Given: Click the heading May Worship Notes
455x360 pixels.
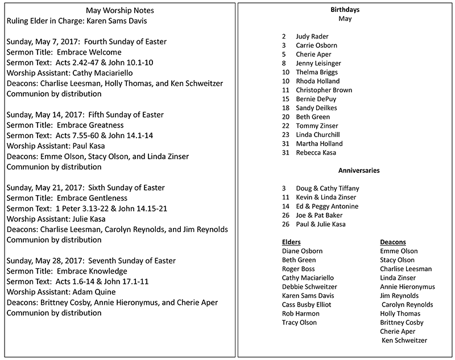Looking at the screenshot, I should [x=119, y=11].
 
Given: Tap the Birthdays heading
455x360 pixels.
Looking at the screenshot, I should [x=345, y=10].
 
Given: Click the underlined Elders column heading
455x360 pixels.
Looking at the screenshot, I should [x=291, y=242].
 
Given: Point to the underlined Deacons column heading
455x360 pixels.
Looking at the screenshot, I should [x=393, y=242].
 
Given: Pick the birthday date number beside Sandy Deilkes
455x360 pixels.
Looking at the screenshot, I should [x=286, y=107].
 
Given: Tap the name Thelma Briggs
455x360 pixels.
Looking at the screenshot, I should [x=317, y=72].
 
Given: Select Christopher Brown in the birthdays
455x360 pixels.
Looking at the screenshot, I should [x=324, y=90].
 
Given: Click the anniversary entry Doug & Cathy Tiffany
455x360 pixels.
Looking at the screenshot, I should [x=328, y=188].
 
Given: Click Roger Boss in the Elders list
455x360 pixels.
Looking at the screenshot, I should [x=299, y=268].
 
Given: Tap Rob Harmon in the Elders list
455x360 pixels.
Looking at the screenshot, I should [x=301, y=313].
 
